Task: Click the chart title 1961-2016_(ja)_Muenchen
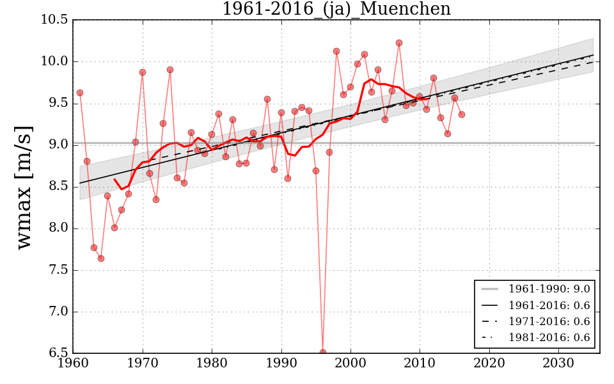(x=336, y=10)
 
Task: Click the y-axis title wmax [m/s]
(x=24, y=187)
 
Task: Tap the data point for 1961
(x=80, y=93)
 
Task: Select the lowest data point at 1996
(x=323, y=352)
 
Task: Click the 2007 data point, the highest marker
(x=399, y=43)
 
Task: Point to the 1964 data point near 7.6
(x=101, y=259)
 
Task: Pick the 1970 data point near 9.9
(x=143, y=72)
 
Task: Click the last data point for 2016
(x=462, y=115)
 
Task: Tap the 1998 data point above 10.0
(x=336, y=51)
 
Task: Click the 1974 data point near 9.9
(x=170, y=70)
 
